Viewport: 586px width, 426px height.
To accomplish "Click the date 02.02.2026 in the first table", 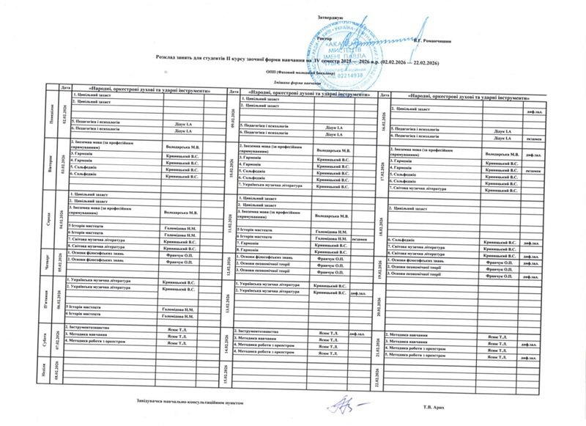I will (63, 114).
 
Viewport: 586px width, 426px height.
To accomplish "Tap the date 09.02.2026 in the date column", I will (231, 115).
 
